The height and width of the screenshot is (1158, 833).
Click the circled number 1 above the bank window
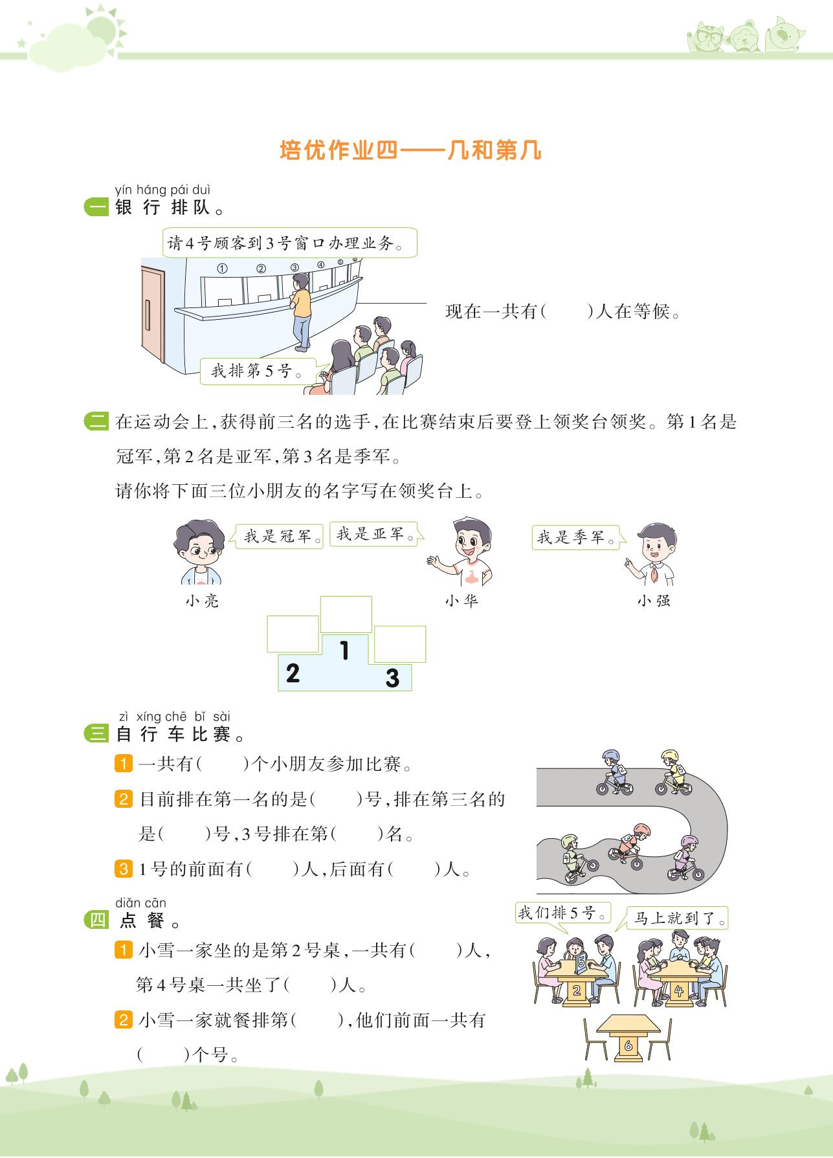tap(223, 269)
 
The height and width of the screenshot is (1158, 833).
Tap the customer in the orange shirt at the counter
tap(300, 310)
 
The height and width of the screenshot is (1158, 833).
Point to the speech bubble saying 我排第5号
tap(258, 372)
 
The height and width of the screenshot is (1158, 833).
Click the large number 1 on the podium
tap(344, 650)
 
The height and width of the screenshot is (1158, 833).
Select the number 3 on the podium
tap(392, 678)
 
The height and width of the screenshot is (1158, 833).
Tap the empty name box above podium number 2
tap(293, 634)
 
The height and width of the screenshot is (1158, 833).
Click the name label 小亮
tap(202, 601)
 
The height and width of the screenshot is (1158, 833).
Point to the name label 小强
tap(654, 601)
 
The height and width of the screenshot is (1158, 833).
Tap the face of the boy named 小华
tap(468, 546)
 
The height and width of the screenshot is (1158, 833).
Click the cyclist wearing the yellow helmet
tap(672, 772)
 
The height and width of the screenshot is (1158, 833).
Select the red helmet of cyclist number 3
tap(641, 830)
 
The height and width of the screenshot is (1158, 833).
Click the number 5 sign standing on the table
tap(581, 963)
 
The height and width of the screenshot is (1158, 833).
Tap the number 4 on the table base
tap(678, 991)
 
